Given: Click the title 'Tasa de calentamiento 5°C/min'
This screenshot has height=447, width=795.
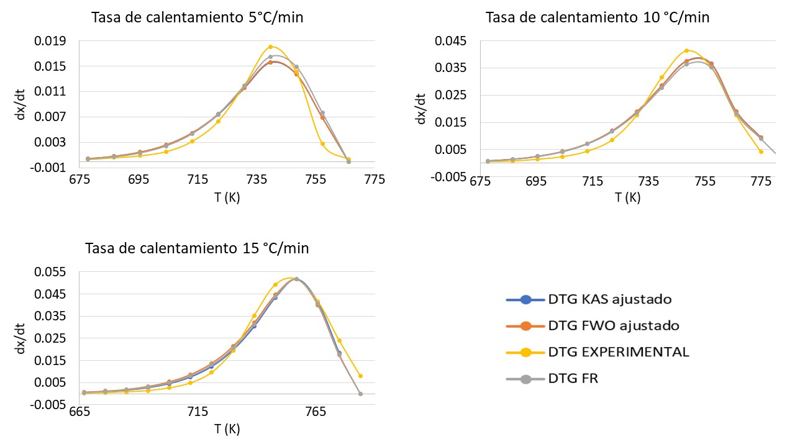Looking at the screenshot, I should (x=198, y=17).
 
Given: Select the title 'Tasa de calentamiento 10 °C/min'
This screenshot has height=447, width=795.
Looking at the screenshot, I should (x=597, y=17).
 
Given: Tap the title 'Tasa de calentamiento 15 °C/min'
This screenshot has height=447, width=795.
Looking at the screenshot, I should (x=198, y=248).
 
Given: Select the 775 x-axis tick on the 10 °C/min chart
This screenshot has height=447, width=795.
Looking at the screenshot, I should (x=761, y=181).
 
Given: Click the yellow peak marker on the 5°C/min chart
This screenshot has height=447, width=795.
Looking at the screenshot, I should (x=270, y=47).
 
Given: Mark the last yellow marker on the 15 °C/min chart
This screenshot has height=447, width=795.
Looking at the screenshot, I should (x=360, y=376).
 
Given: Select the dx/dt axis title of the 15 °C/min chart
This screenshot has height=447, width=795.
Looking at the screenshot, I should (x=20, y=338).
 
